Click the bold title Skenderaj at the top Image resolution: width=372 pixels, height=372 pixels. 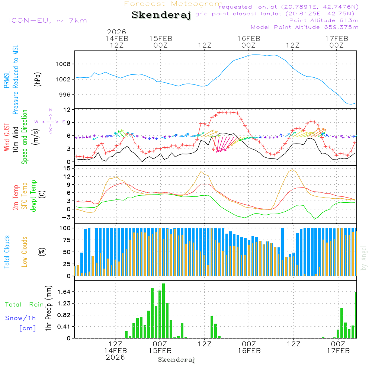pos(161,15)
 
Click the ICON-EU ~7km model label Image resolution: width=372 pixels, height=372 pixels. pos(48,20)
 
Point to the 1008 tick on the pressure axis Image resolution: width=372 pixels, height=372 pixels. pos(63,64)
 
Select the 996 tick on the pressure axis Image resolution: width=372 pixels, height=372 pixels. pos(64,94)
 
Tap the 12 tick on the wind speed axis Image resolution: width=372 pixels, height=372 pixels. pos(67,110)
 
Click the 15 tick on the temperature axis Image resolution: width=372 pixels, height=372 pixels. pos(67,169)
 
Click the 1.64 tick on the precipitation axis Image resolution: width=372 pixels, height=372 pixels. pos(64,292)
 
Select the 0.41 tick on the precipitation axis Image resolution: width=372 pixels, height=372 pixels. pos(64,327)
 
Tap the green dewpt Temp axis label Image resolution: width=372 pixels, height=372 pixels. pos(33,196)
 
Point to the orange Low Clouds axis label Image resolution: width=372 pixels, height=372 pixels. pos(25,251)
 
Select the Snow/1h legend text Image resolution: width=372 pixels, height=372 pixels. pos(21,318)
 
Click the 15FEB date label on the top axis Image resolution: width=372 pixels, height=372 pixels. pos(161,38)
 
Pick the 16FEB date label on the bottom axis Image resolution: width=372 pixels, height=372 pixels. pos(249,350)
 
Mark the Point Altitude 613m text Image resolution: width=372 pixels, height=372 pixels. pos(324,20)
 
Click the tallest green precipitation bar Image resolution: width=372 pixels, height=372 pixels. pos(163,311)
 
